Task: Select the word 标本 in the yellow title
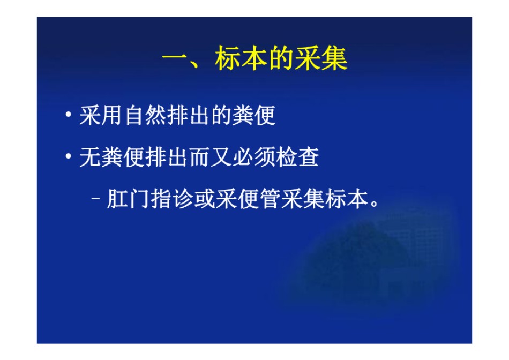pos(241,58)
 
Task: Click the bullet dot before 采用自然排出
pos(68,115)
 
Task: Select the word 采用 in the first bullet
pos(101,115)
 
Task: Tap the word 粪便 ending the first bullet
pos(254,115)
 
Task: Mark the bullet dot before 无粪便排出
pos(68,156)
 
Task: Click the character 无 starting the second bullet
pos(90,157)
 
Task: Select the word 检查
pos(297,157)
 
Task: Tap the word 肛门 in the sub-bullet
pos(129,199)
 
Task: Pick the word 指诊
pos(173,199)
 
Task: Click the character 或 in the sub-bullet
pos(205,199)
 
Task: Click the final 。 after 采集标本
pos(375,204)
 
